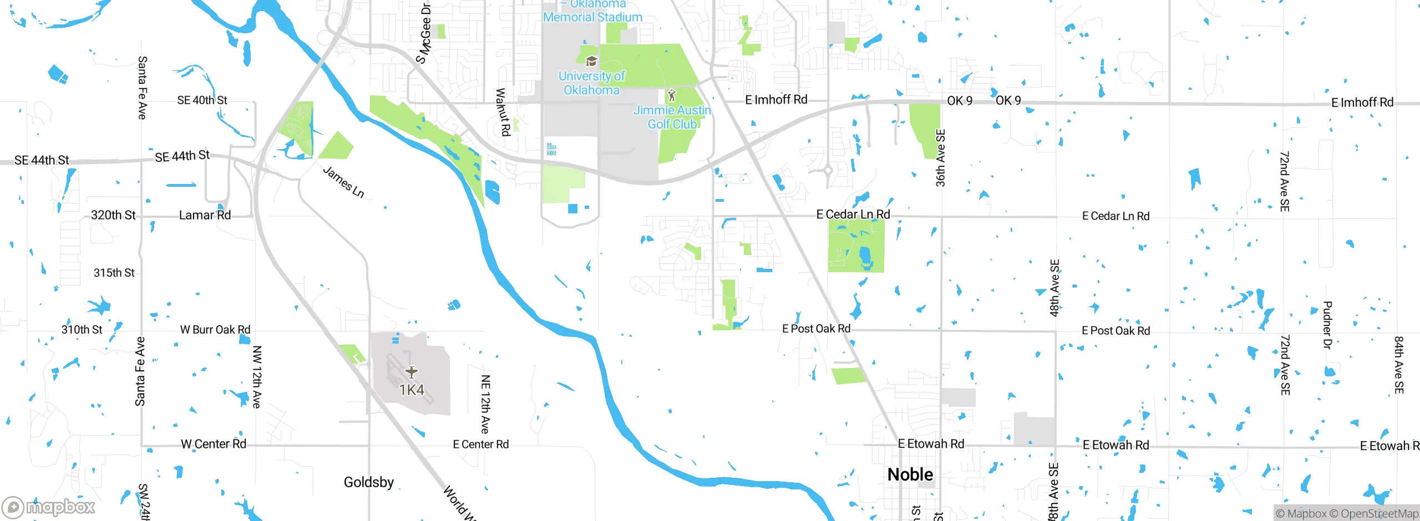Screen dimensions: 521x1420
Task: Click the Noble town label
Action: [x=910, y=474]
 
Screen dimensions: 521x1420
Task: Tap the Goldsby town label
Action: [x=369, y=482]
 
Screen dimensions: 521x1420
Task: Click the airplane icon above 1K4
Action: [x=411, y=371]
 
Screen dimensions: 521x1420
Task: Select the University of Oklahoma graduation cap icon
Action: [x=591, y=61]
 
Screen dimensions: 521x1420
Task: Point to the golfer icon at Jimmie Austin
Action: [x=672, y=95]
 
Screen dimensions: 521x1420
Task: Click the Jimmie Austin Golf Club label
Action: [x=672, y=117]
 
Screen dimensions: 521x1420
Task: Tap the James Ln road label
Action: [x=343, y=182]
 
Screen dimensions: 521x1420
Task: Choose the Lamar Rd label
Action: [x=205, y=215]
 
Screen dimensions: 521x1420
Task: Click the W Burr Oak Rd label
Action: [x=215, y=330]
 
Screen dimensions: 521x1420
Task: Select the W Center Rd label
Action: [x=214, y=444]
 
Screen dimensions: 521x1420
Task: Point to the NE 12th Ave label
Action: [x=485, y=404]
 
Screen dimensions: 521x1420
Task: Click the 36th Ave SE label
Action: [x=940, y=158]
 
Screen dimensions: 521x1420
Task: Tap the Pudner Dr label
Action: [x=1327, y=325]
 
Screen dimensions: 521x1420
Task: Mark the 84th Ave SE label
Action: [x=1399, y=365]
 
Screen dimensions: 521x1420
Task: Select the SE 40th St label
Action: [x=202, y=100]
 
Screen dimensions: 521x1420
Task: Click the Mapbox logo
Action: [x=49, y=507]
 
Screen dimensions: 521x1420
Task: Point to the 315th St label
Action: [x=114, y=273]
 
